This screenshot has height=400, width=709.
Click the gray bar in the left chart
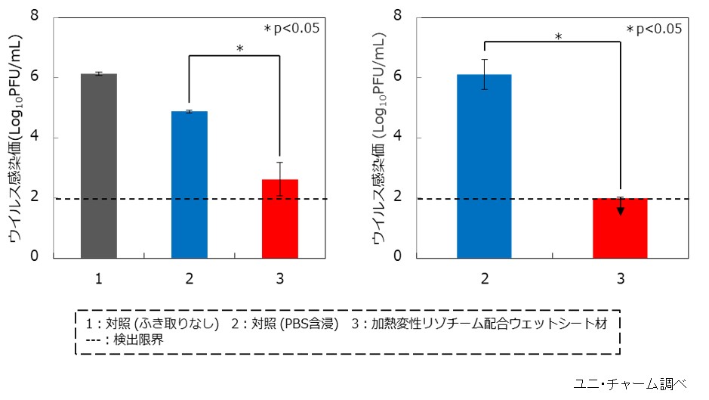point(99,166)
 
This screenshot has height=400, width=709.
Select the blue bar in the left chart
point(190,184)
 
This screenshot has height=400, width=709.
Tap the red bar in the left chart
point(280,219)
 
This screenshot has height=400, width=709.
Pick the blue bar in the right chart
point(484,166)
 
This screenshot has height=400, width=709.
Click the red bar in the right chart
point(620,228)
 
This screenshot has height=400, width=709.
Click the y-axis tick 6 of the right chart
point(398,76)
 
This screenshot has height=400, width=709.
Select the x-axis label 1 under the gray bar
point(99,279)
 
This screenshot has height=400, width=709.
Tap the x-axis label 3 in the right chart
point(620,279)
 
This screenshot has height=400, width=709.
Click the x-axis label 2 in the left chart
point(190,279)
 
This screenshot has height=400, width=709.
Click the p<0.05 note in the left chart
point(291,29)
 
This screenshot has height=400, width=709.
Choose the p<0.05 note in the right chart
point(654,29)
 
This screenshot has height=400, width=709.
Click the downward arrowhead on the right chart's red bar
point(620,210)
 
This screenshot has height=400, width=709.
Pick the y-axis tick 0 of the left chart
point(35,257)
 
